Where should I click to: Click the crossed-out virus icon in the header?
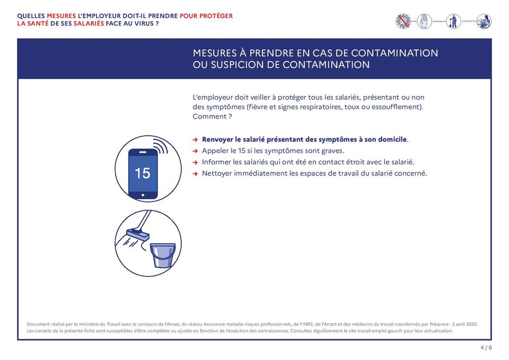[403, 21]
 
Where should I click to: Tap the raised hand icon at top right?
[425, 21]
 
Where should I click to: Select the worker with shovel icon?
[453, 21]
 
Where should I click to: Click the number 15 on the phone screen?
[142, 173]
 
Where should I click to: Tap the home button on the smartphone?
[143, 195]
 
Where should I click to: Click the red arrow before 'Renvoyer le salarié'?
[195, 139]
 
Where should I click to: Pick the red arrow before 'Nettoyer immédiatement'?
[195, 173]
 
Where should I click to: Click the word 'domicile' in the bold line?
[390, 139]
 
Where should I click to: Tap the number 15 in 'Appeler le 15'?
[241, 151]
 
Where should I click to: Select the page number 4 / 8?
[486, 348]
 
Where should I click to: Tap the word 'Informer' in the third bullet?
[216, 162]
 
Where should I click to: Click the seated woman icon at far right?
[484, 21]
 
